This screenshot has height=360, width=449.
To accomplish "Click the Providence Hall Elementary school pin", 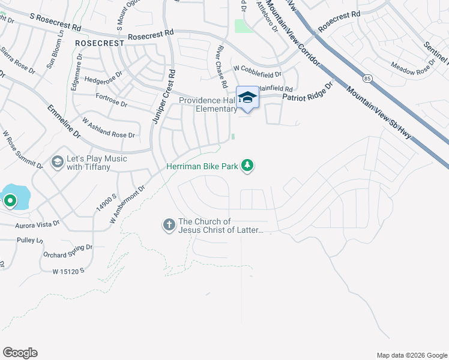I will coord(247,98).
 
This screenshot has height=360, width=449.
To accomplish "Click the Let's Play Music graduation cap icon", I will coord(58,162).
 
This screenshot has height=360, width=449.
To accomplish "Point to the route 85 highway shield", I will coord(366,78).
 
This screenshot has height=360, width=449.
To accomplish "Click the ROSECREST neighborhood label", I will coord(100,43).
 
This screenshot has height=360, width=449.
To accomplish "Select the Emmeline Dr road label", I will coord(65,122).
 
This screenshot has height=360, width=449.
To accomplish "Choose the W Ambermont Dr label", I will coord(128,205).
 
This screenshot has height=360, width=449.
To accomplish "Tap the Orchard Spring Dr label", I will coord(68,251).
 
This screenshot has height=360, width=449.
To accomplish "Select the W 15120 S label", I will coord(68,271).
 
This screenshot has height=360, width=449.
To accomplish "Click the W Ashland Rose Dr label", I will coord(109,128).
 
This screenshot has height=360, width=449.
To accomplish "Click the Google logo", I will coord(20,353).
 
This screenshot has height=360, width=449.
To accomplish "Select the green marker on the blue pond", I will coord(10,200).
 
